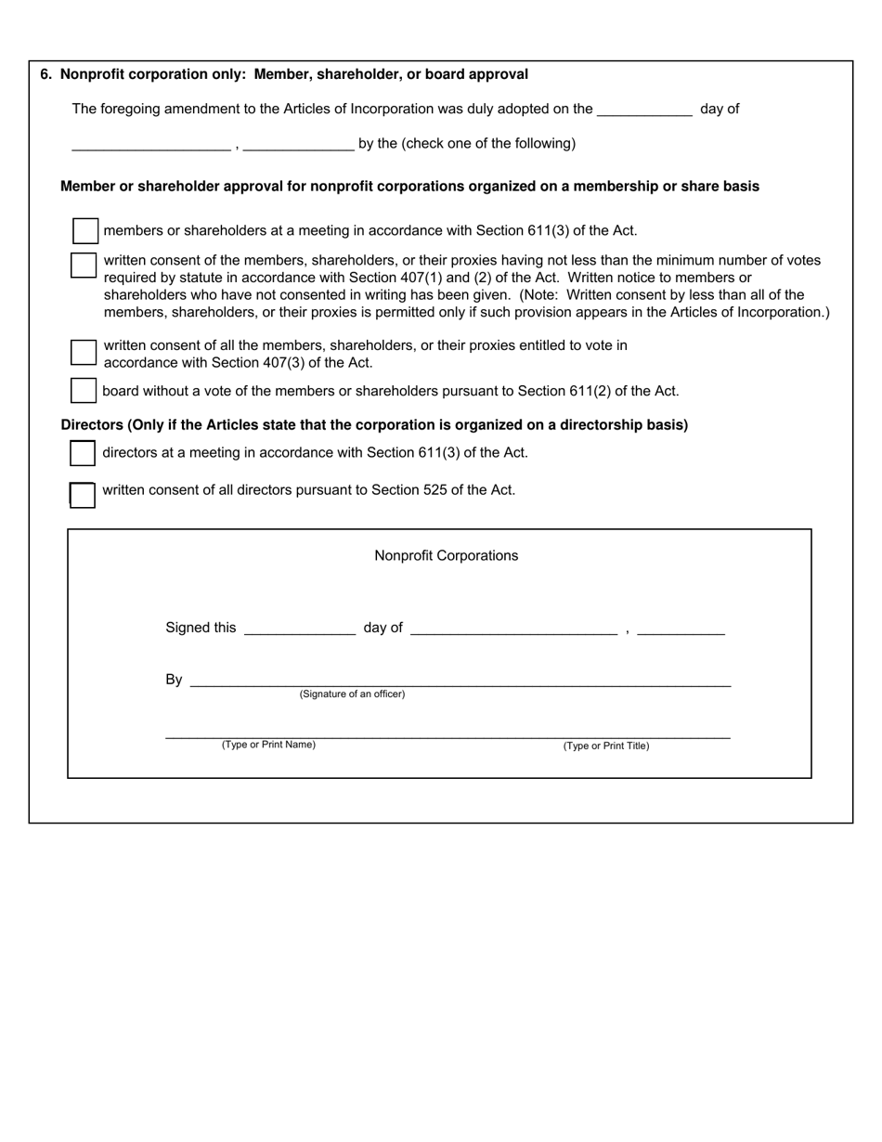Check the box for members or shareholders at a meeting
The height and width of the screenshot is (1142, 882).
84,230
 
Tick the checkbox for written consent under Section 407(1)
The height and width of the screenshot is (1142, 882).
83,265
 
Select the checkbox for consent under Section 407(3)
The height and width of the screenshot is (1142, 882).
84,352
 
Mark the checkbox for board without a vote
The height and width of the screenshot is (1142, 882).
84,391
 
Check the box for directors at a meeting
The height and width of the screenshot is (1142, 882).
83,452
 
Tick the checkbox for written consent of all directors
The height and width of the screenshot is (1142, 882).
83,495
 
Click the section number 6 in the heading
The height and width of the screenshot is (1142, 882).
45,74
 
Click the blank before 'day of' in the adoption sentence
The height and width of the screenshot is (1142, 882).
644,110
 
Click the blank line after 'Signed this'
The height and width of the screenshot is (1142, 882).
299,629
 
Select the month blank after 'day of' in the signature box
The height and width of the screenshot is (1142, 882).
512,629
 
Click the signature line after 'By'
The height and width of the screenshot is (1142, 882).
460,681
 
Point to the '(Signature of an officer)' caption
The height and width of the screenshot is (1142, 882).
352,694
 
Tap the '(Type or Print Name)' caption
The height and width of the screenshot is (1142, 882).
268,745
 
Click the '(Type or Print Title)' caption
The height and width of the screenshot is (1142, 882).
606,746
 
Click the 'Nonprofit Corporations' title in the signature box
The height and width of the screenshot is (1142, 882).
446,556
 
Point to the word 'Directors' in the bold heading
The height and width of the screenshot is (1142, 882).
92,425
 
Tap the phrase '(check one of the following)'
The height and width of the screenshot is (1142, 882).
488,144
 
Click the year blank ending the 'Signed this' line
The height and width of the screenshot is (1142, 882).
681,629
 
